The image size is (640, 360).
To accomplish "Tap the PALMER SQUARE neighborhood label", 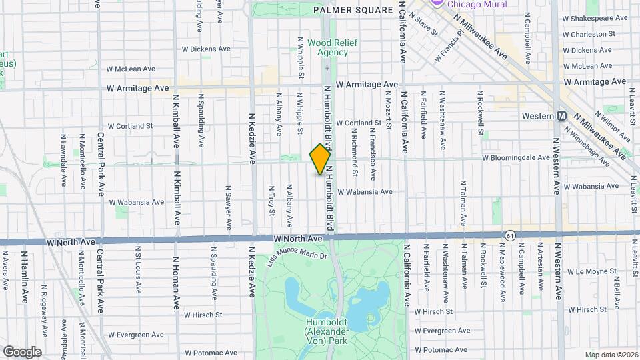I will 353,10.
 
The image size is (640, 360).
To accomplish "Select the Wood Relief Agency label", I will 332,47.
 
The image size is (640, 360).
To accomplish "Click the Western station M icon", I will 561,116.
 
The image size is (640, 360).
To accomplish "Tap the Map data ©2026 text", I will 611,354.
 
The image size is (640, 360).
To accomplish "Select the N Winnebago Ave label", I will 593,151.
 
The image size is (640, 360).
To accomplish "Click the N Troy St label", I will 271,201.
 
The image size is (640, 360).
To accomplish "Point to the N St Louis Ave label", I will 138,269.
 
